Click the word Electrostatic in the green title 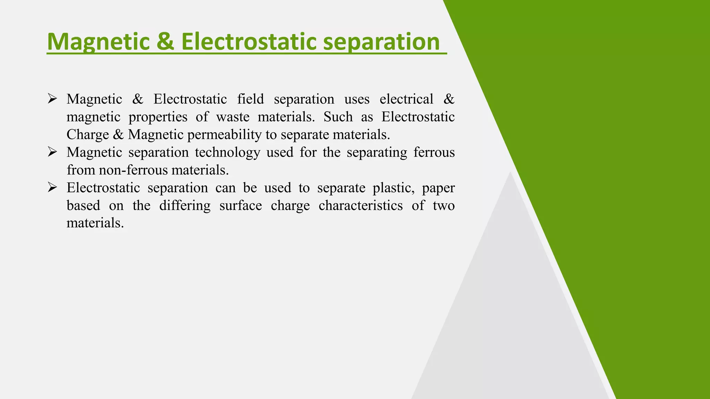point(249,42)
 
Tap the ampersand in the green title point(165,42)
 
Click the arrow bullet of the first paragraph point(52,99)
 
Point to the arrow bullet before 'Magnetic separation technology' point(52,152)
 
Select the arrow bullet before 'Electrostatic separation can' point(52,188)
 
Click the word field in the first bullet point(250,99)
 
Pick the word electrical point(406,99)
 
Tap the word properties point(158,117)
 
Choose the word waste point(233,117)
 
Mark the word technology point(227,152)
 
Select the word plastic point(393,188)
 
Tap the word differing point(185,206)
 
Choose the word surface point(241,206)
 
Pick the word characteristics point(361,206)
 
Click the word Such point(338,117)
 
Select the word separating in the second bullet point(377,153)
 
